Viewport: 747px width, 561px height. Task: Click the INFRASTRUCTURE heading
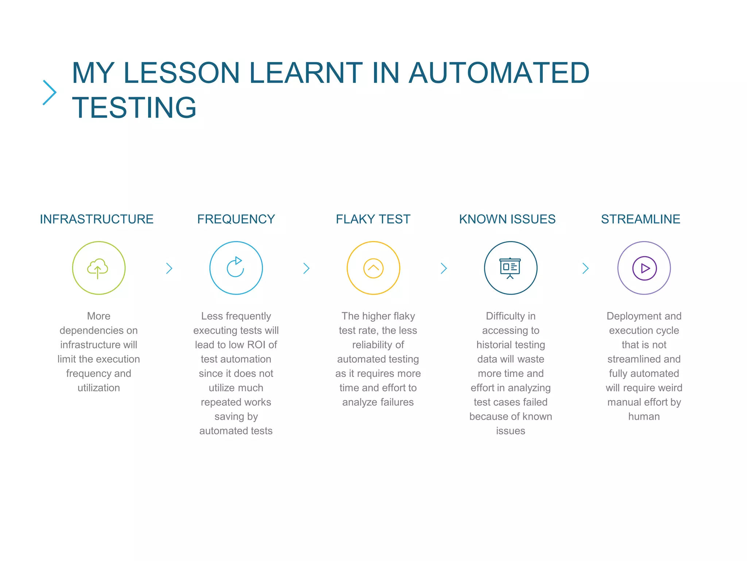[x=97, y=219]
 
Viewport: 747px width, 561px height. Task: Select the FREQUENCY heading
[x=236, y=219]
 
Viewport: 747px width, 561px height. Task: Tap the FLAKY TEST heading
[x=373, y=219]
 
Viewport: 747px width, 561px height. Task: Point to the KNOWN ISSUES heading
[x=507, y=219]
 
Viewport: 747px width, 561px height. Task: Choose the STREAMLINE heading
[x=640, y=219]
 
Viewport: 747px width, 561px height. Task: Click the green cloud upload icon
[x=98, y=268]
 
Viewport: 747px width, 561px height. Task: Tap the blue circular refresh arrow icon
[x=236, y=268]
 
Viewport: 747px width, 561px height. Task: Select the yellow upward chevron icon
[x=373, y=268]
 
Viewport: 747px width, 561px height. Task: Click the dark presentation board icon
[x=510, y=268]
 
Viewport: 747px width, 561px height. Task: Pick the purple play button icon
[x=645, y=268]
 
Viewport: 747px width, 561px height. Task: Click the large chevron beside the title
[x=50, y=92]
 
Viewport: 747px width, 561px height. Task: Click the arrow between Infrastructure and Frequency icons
[x=169, y=268]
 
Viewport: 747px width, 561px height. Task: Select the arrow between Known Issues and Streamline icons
[x=585, y=268]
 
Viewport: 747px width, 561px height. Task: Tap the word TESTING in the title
[x=134, y=107]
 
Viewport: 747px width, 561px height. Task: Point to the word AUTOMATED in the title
[x=499, y=73]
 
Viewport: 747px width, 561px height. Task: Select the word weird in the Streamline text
[x=671, y=388]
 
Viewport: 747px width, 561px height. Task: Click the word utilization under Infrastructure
[x=98, y=388]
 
